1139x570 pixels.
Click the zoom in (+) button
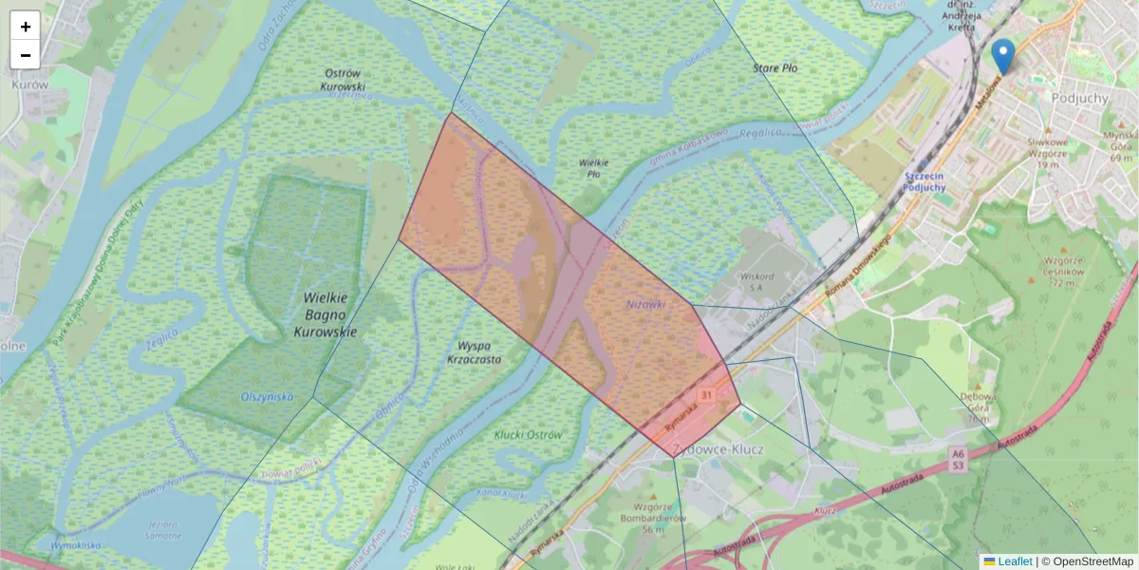26,27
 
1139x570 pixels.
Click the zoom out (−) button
26,55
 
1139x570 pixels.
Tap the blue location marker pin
1002,56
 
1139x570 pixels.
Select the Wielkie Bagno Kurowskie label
326,314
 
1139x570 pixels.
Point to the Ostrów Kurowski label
344,80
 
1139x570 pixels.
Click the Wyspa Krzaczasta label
474,352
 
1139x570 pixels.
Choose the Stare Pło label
775,68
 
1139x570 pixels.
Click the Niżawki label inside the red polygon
645,304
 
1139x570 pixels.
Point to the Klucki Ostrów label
529,434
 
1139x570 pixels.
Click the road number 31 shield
706,394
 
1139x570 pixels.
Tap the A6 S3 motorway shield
959,461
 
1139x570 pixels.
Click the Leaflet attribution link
1015,561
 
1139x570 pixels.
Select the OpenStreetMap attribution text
1092,561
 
